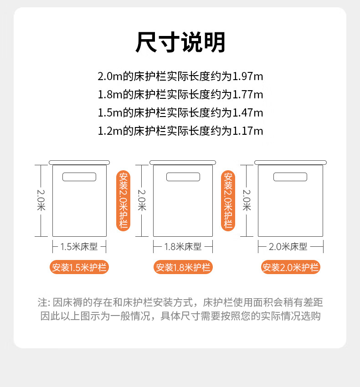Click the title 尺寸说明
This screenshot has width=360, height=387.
180,42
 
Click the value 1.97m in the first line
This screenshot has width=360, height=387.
248,76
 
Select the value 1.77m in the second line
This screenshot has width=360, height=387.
248,95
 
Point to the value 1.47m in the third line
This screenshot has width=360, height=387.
248,113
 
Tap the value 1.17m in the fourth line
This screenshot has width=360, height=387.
248,131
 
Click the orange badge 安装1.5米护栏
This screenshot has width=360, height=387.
79,267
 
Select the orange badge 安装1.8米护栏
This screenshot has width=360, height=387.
183,267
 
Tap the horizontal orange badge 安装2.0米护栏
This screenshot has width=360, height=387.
291,267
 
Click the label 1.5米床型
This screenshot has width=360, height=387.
79,247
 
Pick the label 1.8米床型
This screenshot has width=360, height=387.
183,247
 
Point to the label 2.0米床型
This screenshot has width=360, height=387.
288,247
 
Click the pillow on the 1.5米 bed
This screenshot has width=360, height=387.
79,177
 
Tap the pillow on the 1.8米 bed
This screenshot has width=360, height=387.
183,177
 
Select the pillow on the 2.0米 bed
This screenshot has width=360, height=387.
290,177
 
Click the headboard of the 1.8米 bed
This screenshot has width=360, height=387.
183,163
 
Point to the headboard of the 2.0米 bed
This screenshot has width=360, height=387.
291,163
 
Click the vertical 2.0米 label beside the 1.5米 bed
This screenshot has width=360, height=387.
41,200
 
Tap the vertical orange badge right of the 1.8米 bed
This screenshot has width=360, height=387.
228,201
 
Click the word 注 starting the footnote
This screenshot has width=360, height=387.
42,302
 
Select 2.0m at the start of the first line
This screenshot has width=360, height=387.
110,76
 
